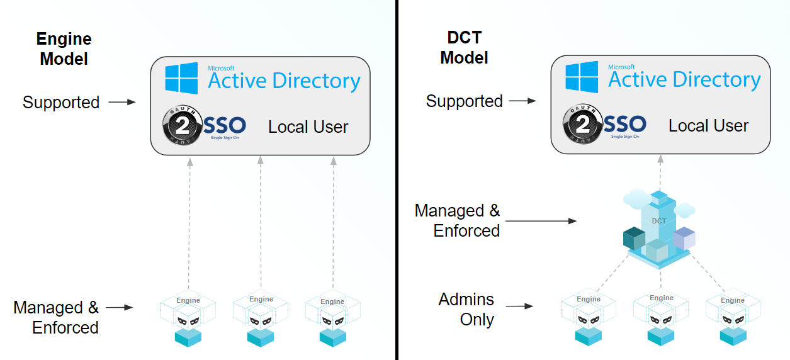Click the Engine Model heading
pyautogui.click(x=64, y=49)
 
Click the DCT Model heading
pyautogui.click(x=464, y=48)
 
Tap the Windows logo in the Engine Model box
pyautogui.click(x=181, y=78)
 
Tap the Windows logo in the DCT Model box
pyautogui.click(x=581, y=77)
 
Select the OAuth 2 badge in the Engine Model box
pyautogui.click(x=182, y=126)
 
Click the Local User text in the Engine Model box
pyautogui.click(x=308, y=127)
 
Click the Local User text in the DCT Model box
pyautogui.click(x=708, y=126)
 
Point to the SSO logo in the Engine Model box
pyautogui.click(x=225, y=126)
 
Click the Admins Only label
pyautogui.click(x=466, y=309)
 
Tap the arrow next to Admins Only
pyautogui.click(x=520, y=307)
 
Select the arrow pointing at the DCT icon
pyautogui.click(x=541, y=221)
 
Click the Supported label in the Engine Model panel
pyautogui.click(x=61, y=102)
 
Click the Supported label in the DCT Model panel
pyautogui.click(x=464, y=101)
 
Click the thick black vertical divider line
pyautogui.click(x=397, y=180)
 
